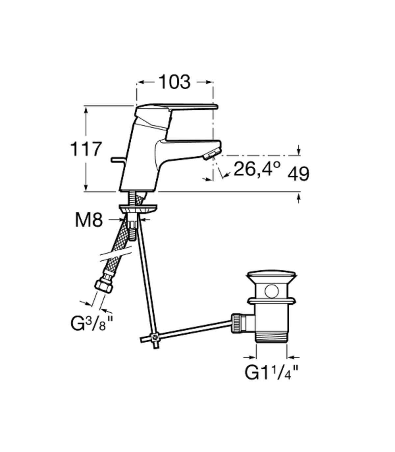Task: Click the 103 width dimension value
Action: (174, 82)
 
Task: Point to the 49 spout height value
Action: (298, 174)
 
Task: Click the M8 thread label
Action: (89, 220)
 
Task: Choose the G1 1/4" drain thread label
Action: (271, 372)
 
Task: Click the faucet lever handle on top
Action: (178, 108)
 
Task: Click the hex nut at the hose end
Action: (103, 286)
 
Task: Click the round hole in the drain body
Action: (272, 291)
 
